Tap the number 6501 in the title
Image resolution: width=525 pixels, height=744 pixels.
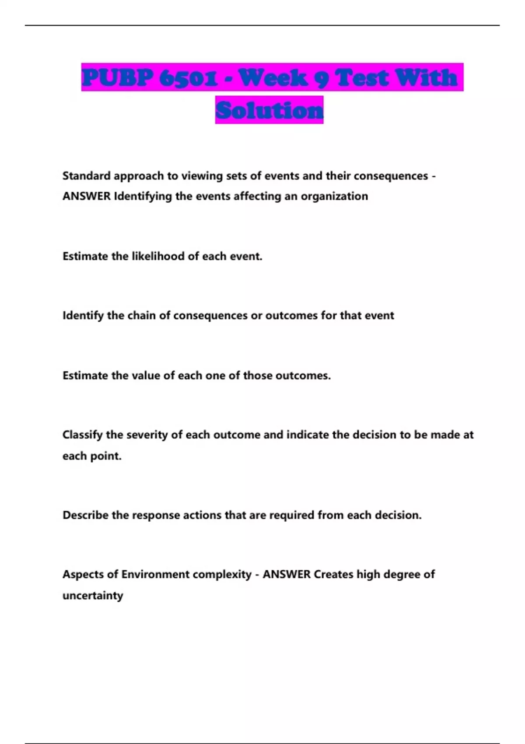189,78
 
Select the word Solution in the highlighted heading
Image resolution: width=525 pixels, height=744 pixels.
269,110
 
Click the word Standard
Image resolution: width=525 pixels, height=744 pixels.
86,176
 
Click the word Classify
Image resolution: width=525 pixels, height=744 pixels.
82,435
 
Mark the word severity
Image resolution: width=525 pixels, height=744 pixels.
144,435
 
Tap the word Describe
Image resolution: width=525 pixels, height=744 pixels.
85,515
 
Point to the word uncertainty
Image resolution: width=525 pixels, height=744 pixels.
93,596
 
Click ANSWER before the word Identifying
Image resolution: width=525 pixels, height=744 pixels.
86,196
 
